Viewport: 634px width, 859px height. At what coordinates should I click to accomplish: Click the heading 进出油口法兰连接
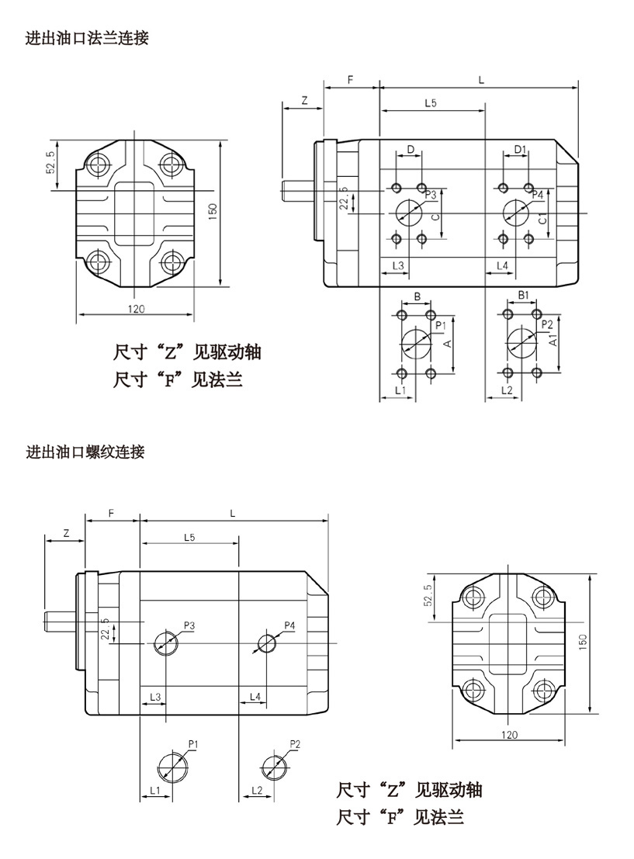tap(87, 37)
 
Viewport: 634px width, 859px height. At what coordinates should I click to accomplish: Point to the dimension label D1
tap(520, 149)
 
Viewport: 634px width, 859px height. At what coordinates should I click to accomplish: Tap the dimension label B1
tap(524, 296)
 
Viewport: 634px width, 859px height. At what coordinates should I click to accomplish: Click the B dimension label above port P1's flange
tap(417, 296)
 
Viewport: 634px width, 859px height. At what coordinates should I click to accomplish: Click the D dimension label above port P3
tap(411, 149)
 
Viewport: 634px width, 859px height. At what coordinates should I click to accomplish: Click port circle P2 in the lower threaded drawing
tap(273, 768)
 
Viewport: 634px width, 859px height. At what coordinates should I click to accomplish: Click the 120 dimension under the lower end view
tap(509, 735)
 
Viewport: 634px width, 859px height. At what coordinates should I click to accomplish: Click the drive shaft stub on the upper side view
tap(296, 188)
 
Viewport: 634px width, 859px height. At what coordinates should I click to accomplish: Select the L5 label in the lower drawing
tap(189, 537)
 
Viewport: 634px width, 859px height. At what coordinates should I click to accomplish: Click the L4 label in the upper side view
tap(502, 266)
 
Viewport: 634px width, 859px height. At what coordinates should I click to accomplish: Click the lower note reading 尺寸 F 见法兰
tap(400, 817)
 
